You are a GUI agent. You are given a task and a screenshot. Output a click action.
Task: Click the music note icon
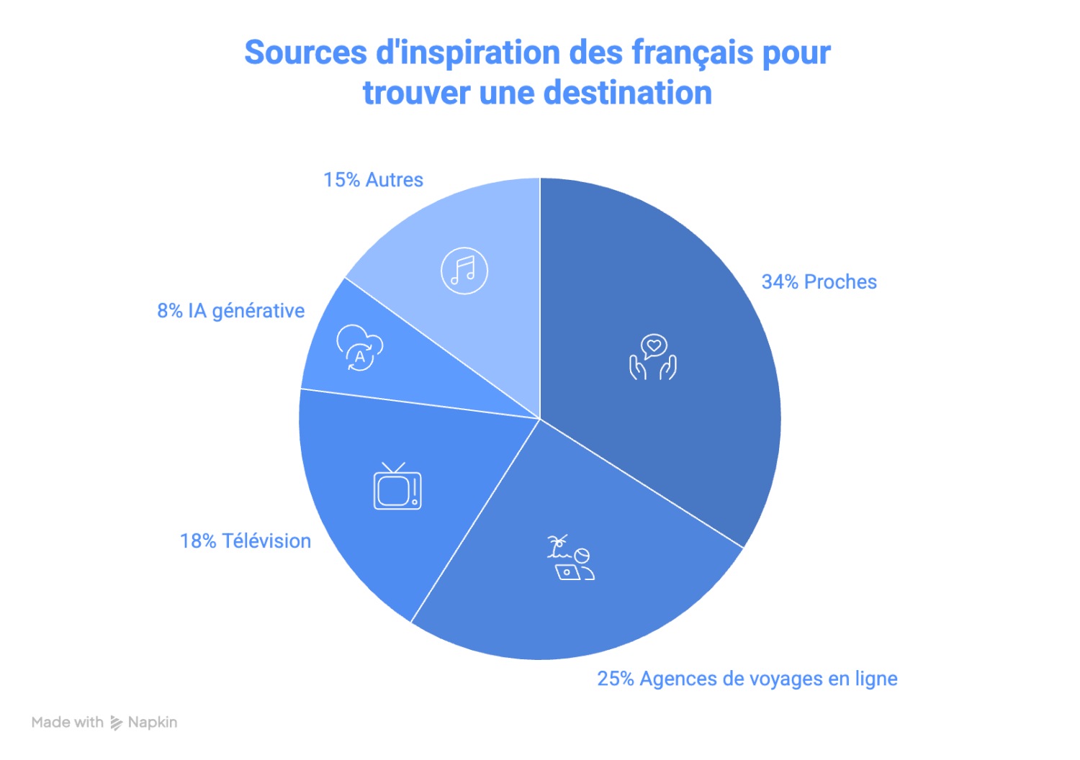(x=464, y=271)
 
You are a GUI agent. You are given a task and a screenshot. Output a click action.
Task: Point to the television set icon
(x=397, y=487)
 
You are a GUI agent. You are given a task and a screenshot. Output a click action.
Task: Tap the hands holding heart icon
(x=653, y=357)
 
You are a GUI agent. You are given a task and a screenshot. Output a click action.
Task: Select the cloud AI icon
(x=359, y=348)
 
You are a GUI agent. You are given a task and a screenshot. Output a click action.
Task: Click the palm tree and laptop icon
(x=570, y=558)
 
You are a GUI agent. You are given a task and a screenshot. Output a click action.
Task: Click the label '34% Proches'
(x=819, y=282)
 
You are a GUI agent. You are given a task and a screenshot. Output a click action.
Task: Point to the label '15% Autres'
(x=373, y=180)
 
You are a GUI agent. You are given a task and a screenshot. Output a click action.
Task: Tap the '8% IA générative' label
(x=230, y=311)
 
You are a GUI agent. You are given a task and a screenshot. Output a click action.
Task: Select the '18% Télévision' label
(x=245, y=541)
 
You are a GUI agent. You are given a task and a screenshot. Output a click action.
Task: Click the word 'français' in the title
(x=691, y=53)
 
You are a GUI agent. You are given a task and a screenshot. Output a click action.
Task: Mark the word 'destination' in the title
(x=627, y=94)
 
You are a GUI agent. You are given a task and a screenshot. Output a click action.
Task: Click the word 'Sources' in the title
(x=305, y=53)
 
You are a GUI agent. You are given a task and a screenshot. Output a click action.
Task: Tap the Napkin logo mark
(x=117, y=723)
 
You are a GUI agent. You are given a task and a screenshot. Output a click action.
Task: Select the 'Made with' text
(x=67, y=723)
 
